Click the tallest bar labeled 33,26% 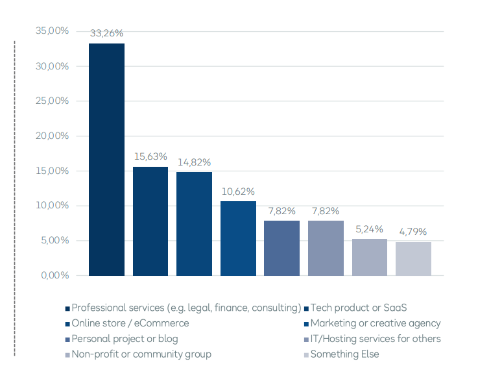pyautogui.click(x=106, y=160)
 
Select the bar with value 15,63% pyautogui.click(x=150, y=221)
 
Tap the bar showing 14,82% pyautogui.click(x=194, y=224)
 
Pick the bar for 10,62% pyautogui.click(x=238, y=238)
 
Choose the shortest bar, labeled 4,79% pyautogui.click(x=413, y=259)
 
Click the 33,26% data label pyautogui.click(x=106, y=34)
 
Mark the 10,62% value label pyautogui.click(x=238, y=191)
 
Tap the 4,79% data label pyautogui.click(x=413, y=232)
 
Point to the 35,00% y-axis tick pyautogui.click(x=51, y=31)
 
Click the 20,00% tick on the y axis pyautogui.click(x=51, y=136)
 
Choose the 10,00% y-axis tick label pyautogui.click(x=51, y=206)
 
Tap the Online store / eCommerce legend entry pyautogui.click(x=130, y=323)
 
